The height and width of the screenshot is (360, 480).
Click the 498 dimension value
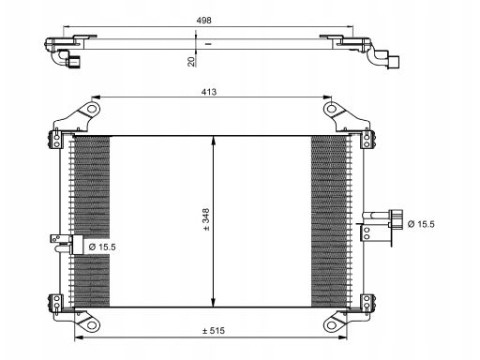point(203,21)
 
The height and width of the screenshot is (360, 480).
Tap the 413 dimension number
point(209,92)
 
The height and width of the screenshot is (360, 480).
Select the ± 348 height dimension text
point(206,220)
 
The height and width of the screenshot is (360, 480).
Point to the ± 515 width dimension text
point(214,331)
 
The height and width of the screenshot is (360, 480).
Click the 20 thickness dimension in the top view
point(191,61)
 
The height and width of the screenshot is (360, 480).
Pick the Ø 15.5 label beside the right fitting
point(421,224)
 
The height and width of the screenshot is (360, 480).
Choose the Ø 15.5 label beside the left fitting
point(102,247)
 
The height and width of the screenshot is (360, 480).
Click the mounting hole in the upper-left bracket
point(92,109)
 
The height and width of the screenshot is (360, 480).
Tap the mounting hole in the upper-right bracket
point(332,109)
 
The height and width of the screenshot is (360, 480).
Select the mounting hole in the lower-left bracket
point(92,325)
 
